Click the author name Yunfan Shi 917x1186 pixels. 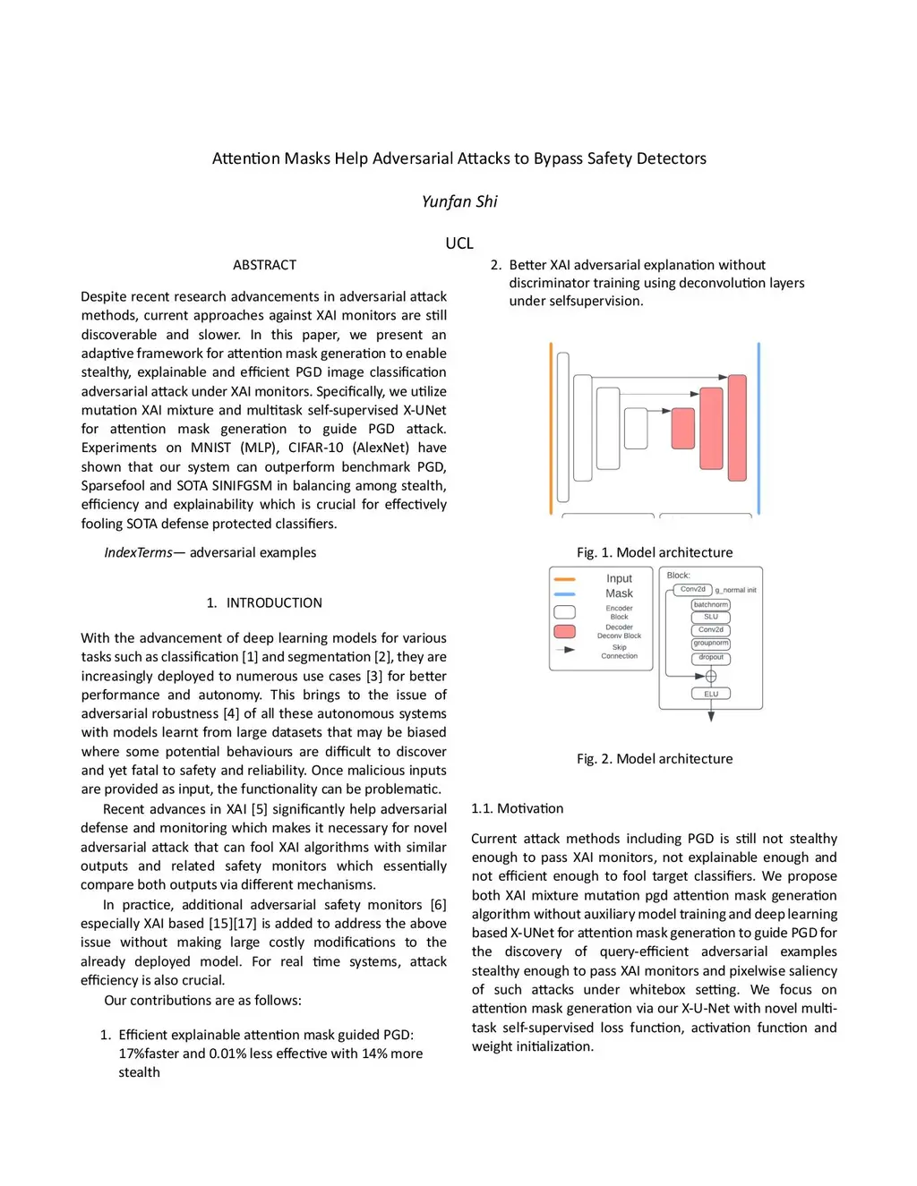tap(459, 201)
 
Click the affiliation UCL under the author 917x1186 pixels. tap(459, 243)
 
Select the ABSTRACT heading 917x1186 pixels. tap(264, 265)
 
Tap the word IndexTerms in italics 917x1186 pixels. tap(138, 552)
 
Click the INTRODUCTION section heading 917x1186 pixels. tap(274, 602)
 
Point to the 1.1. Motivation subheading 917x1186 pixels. tap(518, 808)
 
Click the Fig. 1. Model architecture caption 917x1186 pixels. tap(655, 552)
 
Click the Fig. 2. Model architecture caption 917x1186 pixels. tap(655, 758)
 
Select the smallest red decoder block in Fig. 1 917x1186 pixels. tap(683, 428)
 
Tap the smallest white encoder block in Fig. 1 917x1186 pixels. tap(636, 428)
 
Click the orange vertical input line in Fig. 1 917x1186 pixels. tap(551, 428)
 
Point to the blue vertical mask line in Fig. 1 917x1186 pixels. tap(758, 428)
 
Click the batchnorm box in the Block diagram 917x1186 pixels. tap(711, 605)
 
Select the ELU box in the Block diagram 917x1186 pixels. tap(711, 694)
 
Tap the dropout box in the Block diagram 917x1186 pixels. tap(711, 658)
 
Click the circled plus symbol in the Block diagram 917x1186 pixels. tap(711, 676)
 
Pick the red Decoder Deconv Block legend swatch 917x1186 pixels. tap(565, 631)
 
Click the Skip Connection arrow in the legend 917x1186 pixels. tap(565, 650)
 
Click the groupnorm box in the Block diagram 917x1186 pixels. tap(711, 644)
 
